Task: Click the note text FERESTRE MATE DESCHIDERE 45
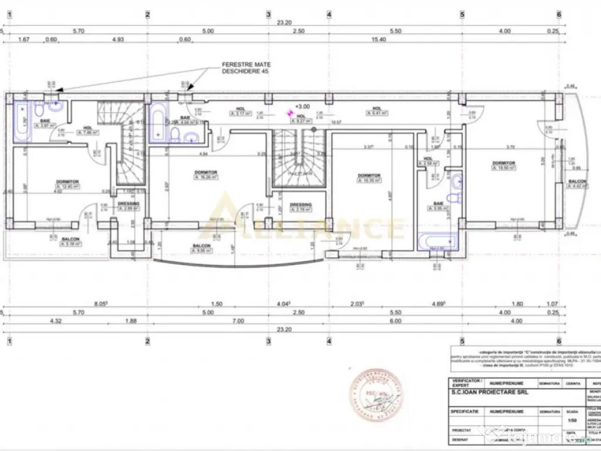point(247,68)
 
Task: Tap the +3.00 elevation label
point(303,107)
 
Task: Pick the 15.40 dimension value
point(379,39)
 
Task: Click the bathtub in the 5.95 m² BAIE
point(434,242)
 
